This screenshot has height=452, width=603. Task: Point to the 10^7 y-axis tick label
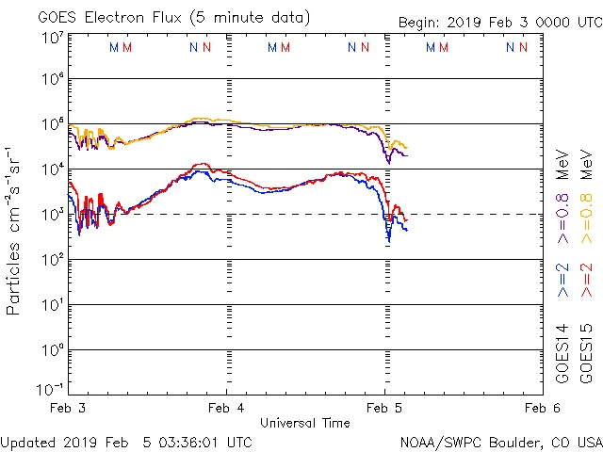point(52,38)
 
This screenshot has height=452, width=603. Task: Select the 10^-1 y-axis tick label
point(50,388)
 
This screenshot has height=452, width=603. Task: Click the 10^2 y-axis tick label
point(52,259)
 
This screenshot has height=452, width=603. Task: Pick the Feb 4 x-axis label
point(226,408)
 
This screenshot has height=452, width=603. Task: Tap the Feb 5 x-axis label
point(384,408)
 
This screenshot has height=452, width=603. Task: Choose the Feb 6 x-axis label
point(542,408)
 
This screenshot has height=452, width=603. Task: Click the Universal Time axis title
point(304,423)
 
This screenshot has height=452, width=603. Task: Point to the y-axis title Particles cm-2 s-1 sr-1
point(13,231)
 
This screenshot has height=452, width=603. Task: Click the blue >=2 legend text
point(563,281)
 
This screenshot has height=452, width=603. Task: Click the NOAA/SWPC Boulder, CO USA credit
point(500,442)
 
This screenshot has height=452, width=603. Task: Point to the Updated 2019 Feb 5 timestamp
point(126,442)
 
